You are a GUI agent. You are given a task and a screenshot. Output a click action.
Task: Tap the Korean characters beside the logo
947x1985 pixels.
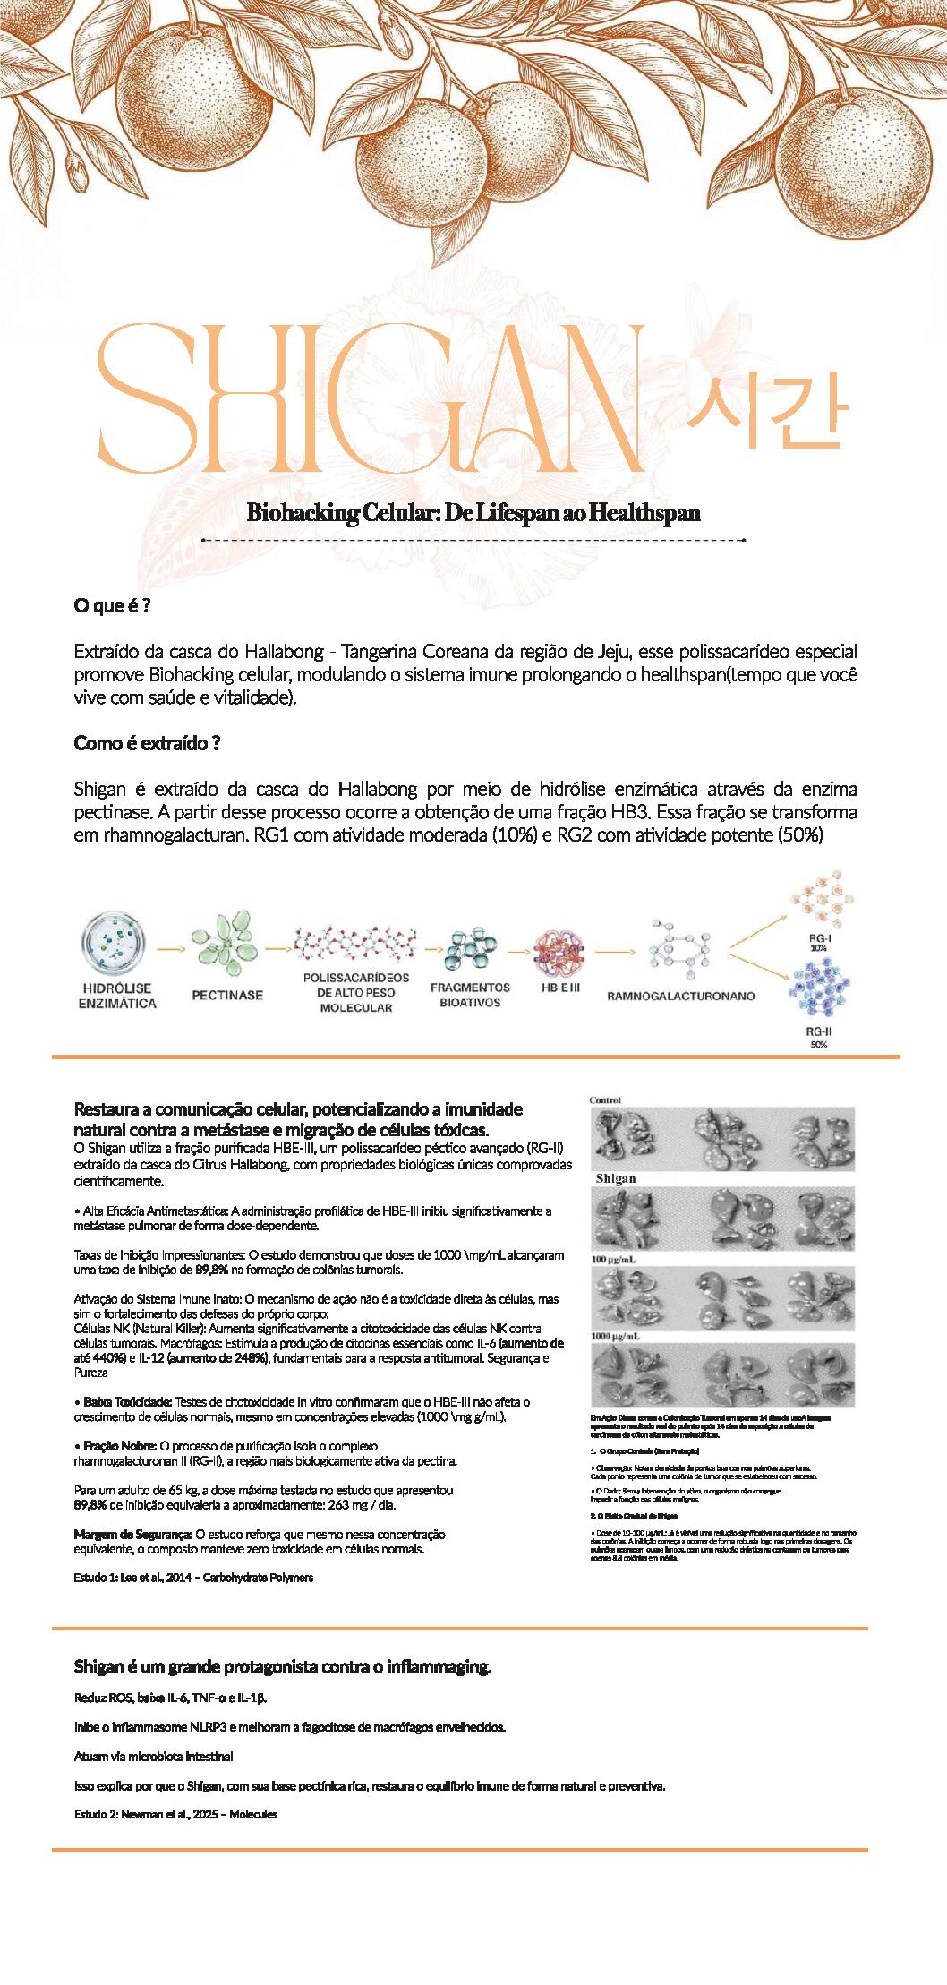(766, 410)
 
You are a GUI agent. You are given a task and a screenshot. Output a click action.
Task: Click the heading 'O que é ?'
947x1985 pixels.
(112, 605)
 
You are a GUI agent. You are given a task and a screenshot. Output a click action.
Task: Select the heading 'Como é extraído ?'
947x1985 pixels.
(147, 743)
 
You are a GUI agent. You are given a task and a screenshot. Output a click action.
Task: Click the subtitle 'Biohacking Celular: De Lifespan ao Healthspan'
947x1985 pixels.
(473, 513)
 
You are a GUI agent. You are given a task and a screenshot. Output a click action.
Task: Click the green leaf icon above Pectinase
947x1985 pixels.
(225, 943)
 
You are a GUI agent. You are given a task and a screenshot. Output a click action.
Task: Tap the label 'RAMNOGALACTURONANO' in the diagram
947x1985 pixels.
(680, 996)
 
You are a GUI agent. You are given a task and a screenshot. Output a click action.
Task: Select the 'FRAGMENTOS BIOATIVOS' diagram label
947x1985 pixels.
(470, 995)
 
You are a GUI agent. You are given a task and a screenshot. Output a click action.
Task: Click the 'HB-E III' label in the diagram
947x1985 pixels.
(560, 988)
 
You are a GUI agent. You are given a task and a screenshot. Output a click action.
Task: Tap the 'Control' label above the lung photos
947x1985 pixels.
(605, 1099)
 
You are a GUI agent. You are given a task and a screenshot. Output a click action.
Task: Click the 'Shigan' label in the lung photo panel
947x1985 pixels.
(616, 1178)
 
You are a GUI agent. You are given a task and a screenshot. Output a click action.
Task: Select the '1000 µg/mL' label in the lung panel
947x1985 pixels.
(614, 1336)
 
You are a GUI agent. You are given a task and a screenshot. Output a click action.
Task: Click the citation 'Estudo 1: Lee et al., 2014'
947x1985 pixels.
(193, 1578)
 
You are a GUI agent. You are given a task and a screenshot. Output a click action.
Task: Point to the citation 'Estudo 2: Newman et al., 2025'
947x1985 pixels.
(175, 1814)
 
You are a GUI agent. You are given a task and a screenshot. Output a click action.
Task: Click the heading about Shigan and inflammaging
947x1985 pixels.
(283, 1666)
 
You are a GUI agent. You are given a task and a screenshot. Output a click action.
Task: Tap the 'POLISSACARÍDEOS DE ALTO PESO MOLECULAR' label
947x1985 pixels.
(355, 992)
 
